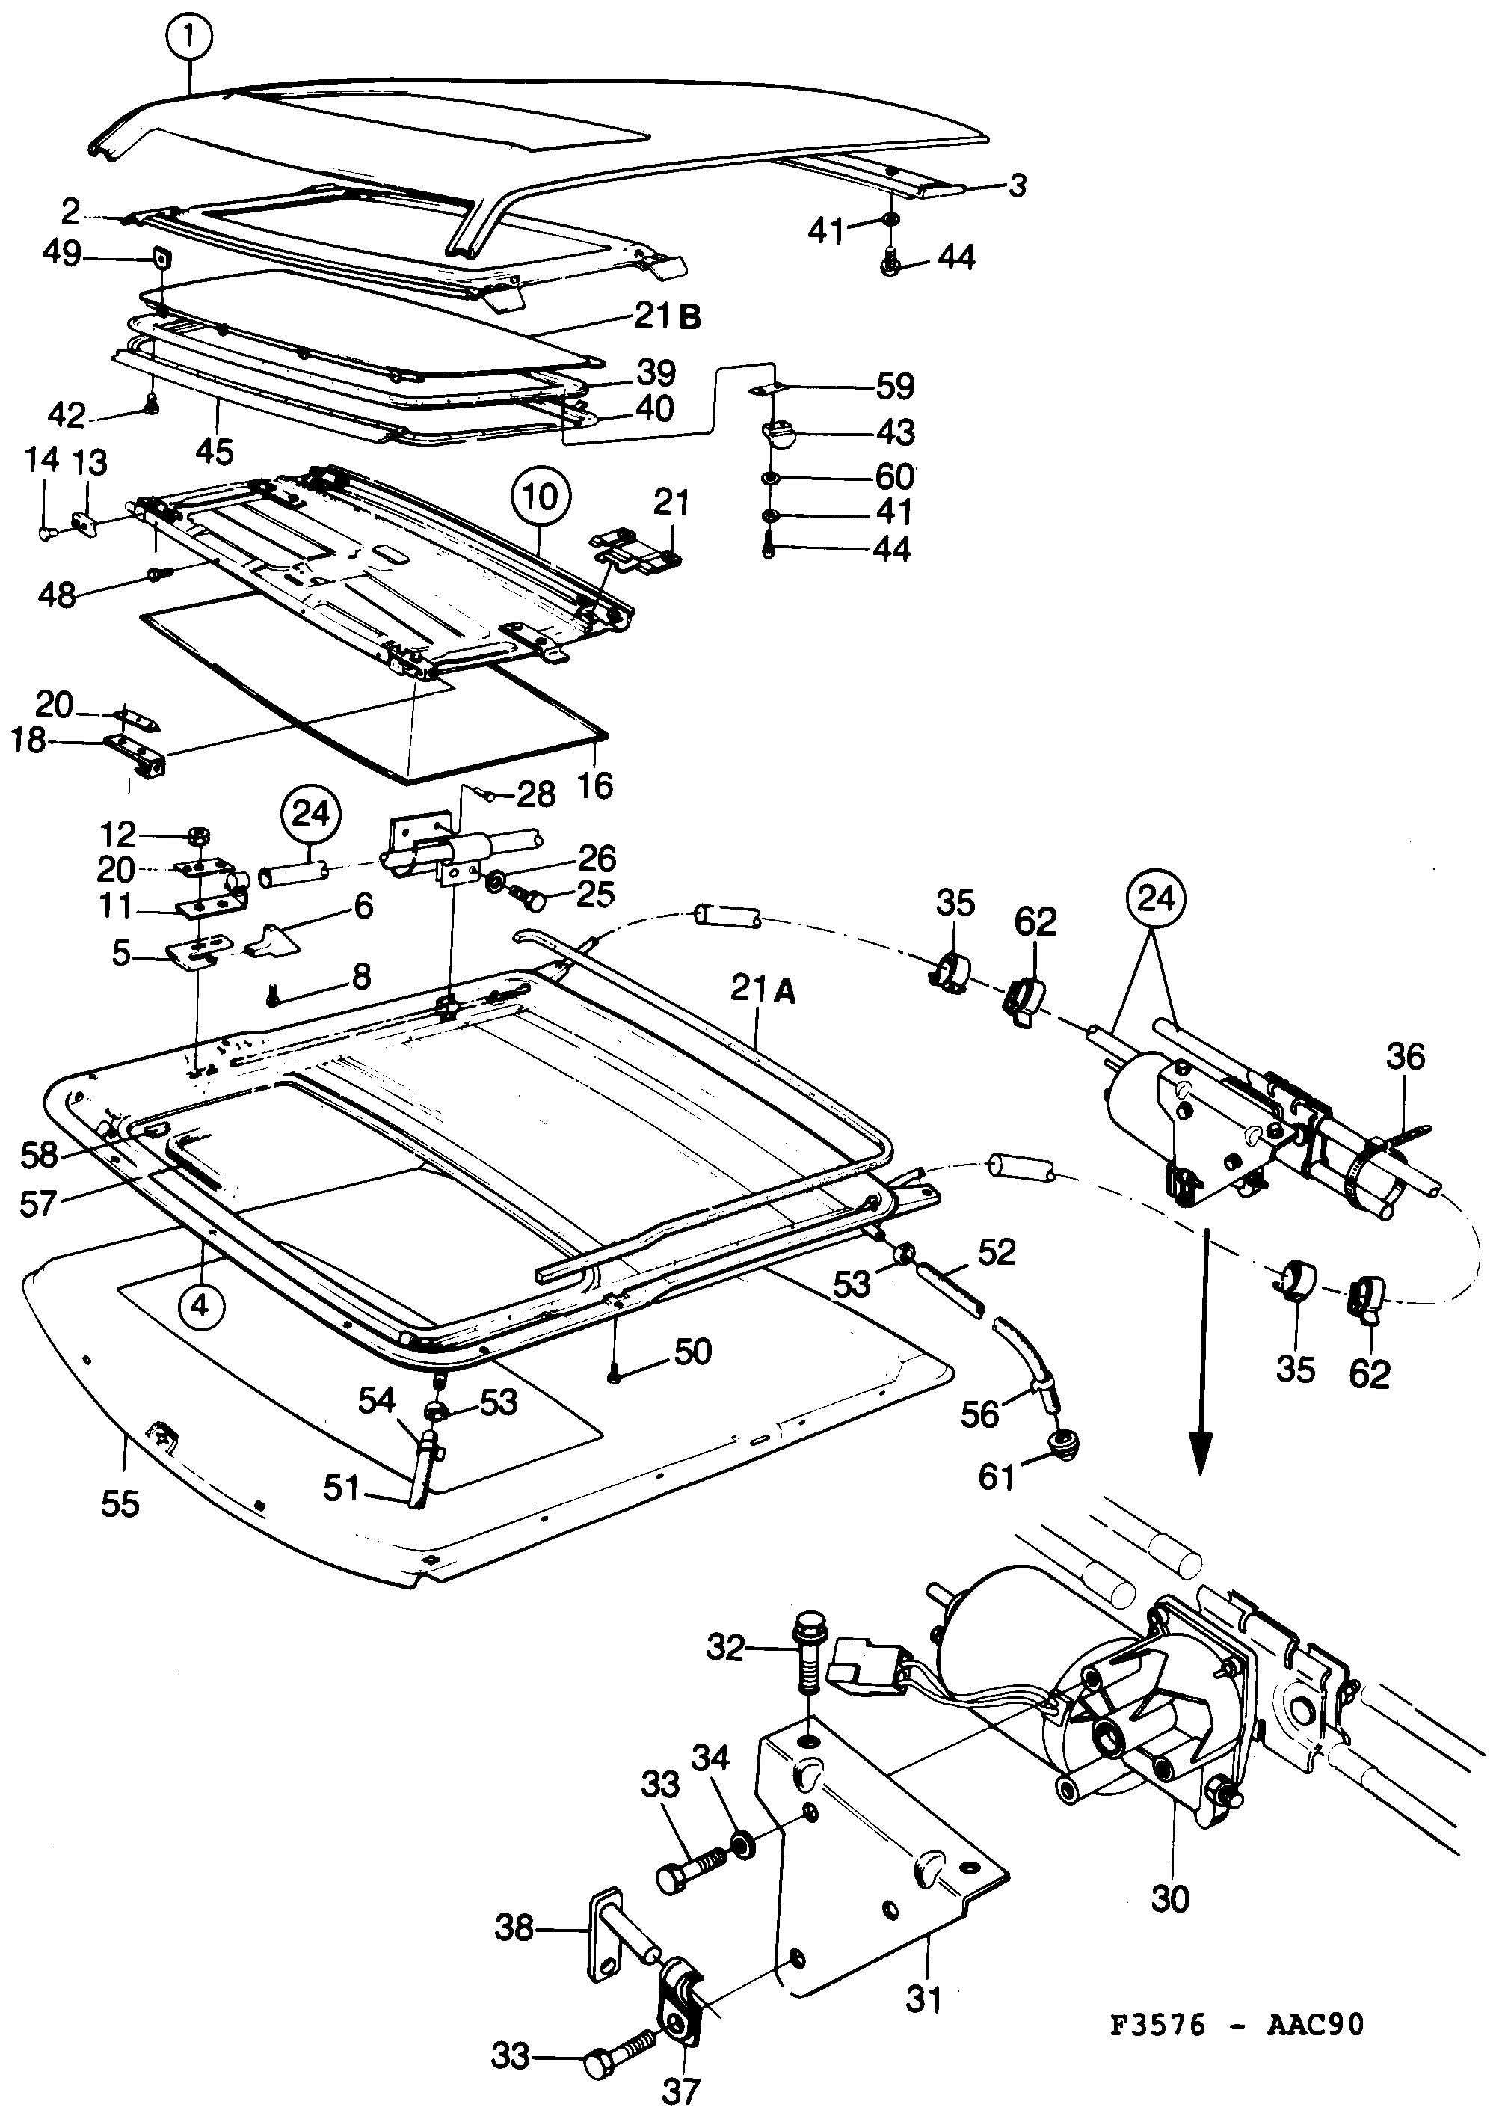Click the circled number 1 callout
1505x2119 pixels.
coord(191,38)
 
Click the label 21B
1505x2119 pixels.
coord(667,317)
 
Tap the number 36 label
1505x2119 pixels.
coord(1405,1057)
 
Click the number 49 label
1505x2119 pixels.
coord(61,253)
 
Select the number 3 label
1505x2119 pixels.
coord(1017,185)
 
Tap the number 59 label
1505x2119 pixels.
coord(894,387)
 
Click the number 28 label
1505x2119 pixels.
coord(535,794)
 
